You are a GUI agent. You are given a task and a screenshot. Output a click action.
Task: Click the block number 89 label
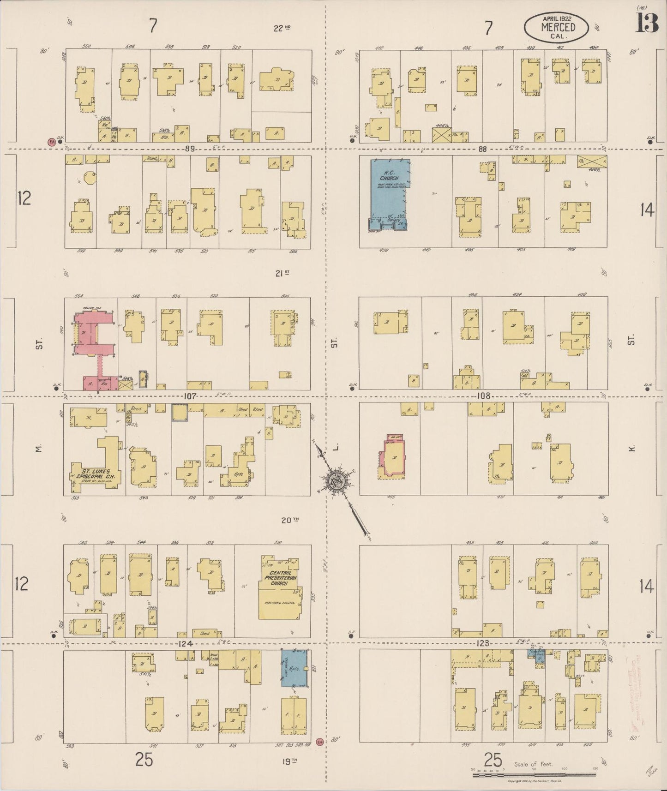click(x=189, y=149)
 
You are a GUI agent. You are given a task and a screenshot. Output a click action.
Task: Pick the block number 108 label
click(x=483, y=396)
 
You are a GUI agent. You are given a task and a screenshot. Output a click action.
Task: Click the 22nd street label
click(x=282, y=28)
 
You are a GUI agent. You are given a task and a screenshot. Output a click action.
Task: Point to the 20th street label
click(x=290, y=520)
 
